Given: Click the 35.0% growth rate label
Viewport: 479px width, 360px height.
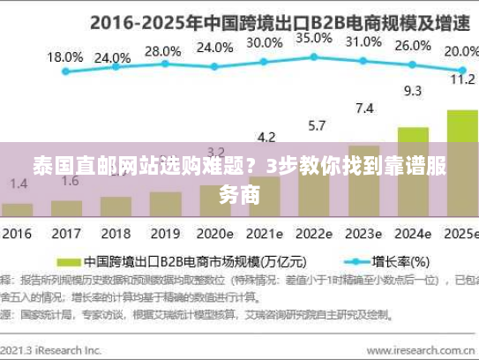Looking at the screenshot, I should point(314,39).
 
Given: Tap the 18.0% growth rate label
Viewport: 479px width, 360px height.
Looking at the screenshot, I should point(64,57).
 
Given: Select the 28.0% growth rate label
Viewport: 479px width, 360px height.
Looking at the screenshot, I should point(163,51).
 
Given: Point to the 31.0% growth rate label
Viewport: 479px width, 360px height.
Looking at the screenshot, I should point(363,41).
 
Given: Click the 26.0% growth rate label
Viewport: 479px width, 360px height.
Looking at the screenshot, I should point(413,47).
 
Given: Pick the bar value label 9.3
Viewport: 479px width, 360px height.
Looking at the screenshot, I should point(412,90).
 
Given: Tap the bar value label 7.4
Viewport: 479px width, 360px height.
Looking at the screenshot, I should point(363,109).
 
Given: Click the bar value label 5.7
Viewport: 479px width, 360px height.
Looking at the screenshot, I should point(315,124).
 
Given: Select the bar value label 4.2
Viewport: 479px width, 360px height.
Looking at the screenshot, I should point(266,137).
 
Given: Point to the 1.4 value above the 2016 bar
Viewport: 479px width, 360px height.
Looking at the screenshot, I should point(19,184).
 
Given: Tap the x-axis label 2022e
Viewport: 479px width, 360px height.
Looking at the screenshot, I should point(314,236).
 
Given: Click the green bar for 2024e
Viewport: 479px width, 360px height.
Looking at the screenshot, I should point(412,172).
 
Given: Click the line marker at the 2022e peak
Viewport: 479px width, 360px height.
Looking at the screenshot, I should point(313,57).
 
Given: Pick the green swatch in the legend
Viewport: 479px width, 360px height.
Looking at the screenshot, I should point(68,262).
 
